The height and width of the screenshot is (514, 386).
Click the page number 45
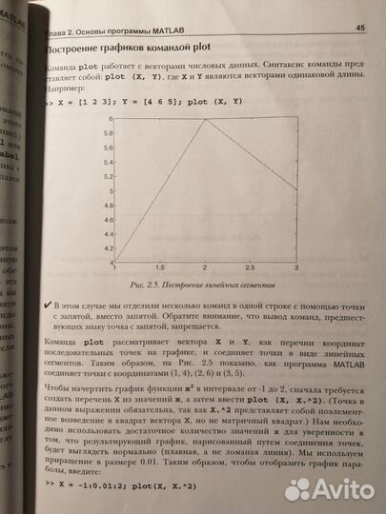click(360, 28)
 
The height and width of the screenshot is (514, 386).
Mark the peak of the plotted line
click(205, 119)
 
